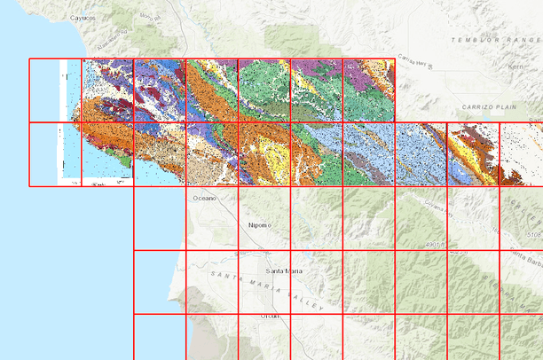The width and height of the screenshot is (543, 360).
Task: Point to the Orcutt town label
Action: click(x=270, y=316)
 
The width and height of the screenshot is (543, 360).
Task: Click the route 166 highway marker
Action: click(x=455, y=253)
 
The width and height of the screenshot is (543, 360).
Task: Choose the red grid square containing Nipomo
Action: click(x=264, y=218)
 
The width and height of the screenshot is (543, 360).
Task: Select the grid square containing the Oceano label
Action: click(x=211, y=218)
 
